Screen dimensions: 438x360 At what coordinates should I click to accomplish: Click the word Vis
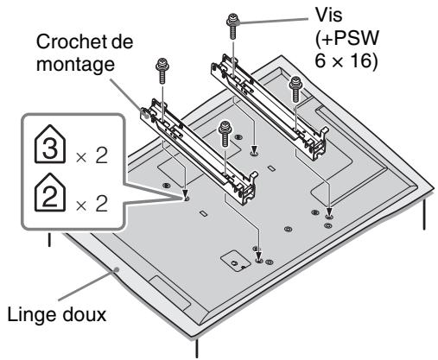(x=328, y=15)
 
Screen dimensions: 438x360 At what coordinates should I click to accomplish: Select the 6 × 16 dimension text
(x=346, y=60)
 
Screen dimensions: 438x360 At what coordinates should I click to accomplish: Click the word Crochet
(x=68, y=41)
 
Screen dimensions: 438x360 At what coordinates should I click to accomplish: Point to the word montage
(x=75, y=65)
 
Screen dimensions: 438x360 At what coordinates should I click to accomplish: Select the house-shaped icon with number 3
(x=50, y=144)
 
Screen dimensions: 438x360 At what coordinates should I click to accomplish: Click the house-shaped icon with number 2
(x=50, y=193)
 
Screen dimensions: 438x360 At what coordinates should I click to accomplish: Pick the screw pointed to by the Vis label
(x=232, y=25)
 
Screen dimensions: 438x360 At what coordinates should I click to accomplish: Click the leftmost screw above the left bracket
(x=162, y=70)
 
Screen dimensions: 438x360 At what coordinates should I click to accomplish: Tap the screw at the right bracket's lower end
(x=295, y=89)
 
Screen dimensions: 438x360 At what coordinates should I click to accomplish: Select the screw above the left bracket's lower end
(x=225, y=133)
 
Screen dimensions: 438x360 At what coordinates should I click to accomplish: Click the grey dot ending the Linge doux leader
(x=117, y=269)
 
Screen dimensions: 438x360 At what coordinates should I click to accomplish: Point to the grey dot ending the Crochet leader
(x=145, y=113)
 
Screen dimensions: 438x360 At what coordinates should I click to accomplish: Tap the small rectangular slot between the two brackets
(x=271, y=167)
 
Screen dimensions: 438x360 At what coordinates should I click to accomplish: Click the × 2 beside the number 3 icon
(x=92, y=156)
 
